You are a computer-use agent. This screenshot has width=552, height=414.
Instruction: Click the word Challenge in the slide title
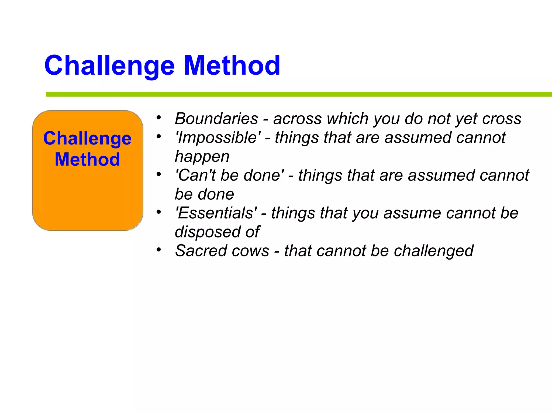click(109, 65)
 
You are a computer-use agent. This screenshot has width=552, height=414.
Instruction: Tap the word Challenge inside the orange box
click(87, 139)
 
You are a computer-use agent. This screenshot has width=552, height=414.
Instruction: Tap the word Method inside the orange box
click(87, 159)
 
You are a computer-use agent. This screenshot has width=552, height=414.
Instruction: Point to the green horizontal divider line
click(296, 94)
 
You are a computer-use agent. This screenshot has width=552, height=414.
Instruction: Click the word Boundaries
click(216, 119)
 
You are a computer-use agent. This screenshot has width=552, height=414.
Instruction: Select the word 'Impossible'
click(218, 137)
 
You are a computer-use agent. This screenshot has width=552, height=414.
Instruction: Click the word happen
click(202, 157)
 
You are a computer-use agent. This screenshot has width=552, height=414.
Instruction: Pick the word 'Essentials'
click(216, 213)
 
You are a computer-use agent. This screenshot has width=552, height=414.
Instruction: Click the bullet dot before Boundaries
click(159, 118)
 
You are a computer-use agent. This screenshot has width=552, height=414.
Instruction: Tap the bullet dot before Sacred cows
click(159, 250)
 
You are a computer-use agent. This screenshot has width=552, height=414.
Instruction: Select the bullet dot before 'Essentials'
click(159, 212)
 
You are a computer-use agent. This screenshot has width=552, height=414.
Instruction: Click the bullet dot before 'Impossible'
click(159, 136)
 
